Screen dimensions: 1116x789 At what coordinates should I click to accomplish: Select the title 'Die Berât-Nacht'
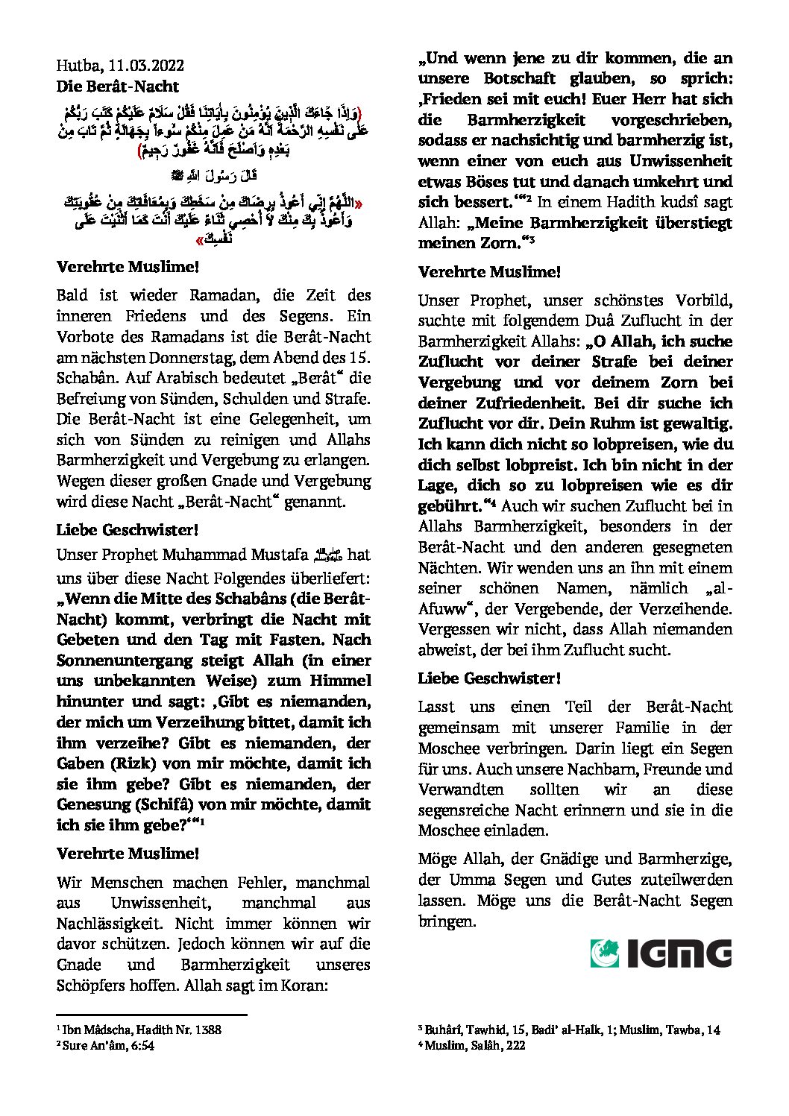pos(118,86)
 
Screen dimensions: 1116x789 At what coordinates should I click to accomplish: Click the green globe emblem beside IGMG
pos(605,953)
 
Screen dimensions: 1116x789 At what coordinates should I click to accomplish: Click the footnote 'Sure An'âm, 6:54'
pos(107,1045)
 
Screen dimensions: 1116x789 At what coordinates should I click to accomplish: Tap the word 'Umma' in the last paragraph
pos(471,880)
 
